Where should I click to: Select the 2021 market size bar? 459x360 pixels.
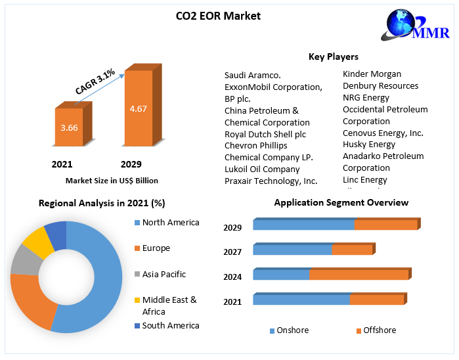pyautogui.click(x=69, y=127)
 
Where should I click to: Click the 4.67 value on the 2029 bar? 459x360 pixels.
pyautogui.click(x=138, y=108)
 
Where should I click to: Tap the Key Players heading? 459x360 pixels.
pyautogui.click(x=333, y=56)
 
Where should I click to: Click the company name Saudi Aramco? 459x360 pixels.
pyautogui.click(x=253, y=75)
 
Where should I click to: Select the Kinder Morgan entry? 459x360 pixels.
pyautogui.click(x=372, y=74)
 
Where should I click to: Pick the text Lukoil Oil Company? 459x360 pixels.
pyautogui.click(x=262, y=169)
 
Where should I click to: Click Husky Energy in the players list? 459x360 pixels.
pyautogui.click(x=369, y=144)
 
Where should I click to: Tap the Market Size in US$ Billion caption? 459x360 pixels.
pyautogui.click(x=112, y=180)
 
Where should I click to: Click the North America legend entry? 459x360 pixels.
pyautogui.click(x=170, y=223)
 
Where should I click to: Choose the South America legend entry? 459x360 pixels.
pyautogui.click(x=170, y=325)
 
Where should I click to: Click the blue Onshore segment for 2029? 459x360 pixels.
pyautogui.click(x=303, y=225)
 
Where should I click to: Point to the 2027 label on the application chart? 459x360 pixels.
pyautogui.click(x=232, y=252)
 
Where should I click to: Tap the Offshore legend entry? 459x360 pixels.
pyautogui.click(x=379, y=330)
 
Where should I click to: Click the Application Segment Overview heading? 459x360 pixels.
pyautogui.click(x=341, y=202)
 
